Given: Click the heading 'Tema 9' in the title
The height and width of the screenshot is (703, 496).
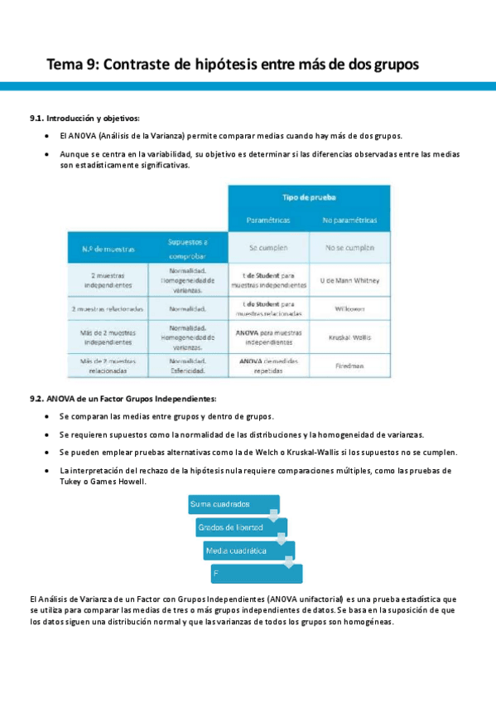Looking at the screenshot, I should [x=71, y=64].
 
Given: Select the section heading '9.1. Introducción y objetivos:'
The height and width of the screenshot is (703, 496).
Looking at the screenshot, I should [x=84, y=119].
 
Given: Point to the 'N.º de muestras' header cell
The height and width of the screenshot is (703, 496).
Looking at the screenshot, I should [x=108, y=248].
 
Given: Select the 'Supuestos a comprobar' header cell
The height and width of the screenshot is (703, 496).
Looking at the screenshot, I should [x=188, y=247].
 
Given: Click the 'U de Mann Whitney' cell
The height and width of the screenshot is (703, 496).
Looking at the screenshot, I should [x=349, y=280].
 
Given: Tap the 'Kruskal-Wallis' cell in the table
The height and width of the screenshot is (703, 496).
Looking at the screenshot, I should [x=349, y=337].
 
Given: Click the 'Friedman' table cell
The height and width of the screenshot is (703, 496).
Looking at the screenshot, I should [x=349, y=366].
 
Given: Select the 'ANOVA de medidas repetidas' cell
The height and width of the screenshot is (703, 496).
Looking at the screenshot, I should [x=269, y=366].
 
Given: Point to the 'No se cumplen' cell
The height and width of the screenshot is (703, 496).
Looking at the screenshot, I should [x=349, y=248].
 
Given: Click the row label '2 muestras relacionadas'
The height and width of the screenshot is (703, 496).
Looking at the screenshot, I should [x=108, y=309].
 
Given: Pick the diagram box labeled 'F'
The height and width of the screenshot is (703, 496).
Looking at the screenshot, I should [x=256, y=573].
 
